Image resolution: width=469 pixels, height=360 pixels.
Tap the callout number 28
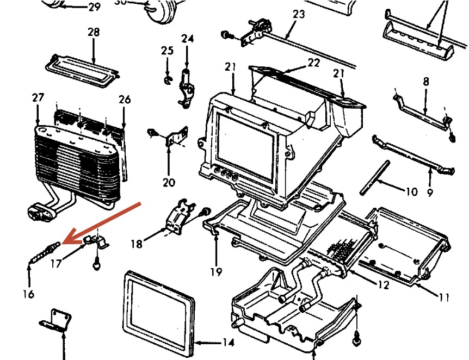(x=94, y=32)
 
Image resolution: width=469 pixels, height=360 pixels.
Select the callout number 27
(x=38, y=98)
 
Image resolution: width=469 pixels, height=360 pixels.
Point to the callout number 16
(x=29, y=294)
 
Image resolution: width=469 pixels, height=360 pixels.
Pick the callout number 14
(x=228, y=343)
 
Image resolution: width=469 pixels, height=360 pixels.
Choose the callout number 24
(x=187, y=39)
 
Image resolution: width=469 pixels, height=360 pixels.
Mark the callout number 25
(x=167, y=51)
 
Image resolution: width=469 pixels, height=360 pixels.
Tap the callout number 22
(x=313, y=63)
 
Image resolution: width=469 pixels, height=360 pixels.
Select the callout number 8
(x=426, y=82)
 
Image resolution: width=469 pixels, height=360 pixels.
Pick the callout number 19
(x=217, y=271)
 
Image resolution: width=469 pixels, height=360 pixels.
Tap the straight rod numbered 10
(x=375, y=176)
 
